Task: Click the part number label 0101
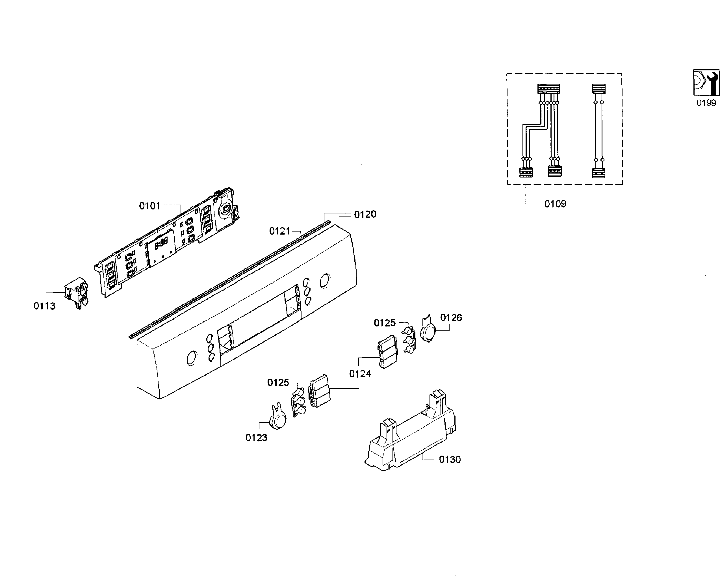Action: (x=149, y=206)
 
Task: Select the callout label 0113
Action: (x=44, y=306)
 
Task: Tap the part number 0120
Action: (x=365, y=215)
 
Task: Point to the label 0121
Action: (x=280, y=231)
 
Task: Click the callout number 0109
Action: (x=555, y=204)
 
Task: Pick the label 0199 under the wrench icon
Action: (x=706, y=103)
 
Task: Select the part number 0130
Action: (x=450, y=460)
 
